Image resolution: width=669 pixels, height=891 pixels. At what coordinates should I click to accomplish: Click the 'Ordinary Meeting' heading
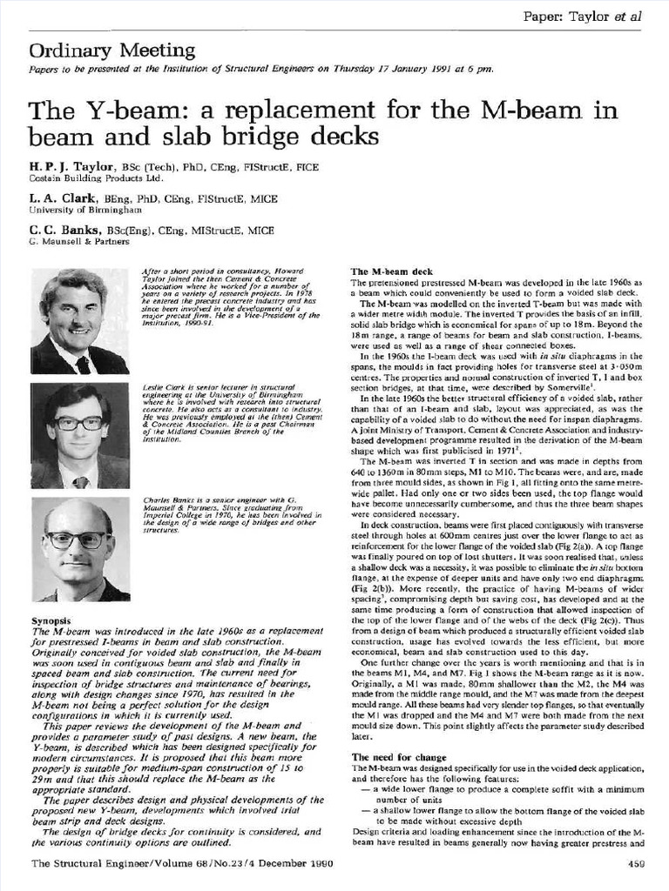click(112, 50)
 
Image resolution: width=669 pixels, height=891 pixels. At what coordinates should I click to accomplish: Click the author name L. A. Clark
click(63, 198)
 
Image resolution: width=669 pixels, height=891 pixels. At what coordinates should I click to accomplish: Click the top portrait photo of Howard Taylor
click(79, 320)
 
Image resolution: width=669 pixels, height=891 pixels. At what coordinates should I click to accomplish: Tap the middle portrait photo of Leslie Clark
click(79, 435)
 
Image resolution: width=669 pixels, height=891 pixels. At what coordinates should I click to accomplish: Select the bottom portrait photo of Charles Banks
click(79, 549)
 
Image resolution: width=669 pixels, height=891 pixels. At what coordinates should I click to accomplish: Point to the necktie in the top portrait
click(83, 364)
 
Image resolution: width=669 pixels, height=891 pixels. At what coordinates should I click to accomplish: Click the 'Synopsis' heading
click(54, 620)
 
